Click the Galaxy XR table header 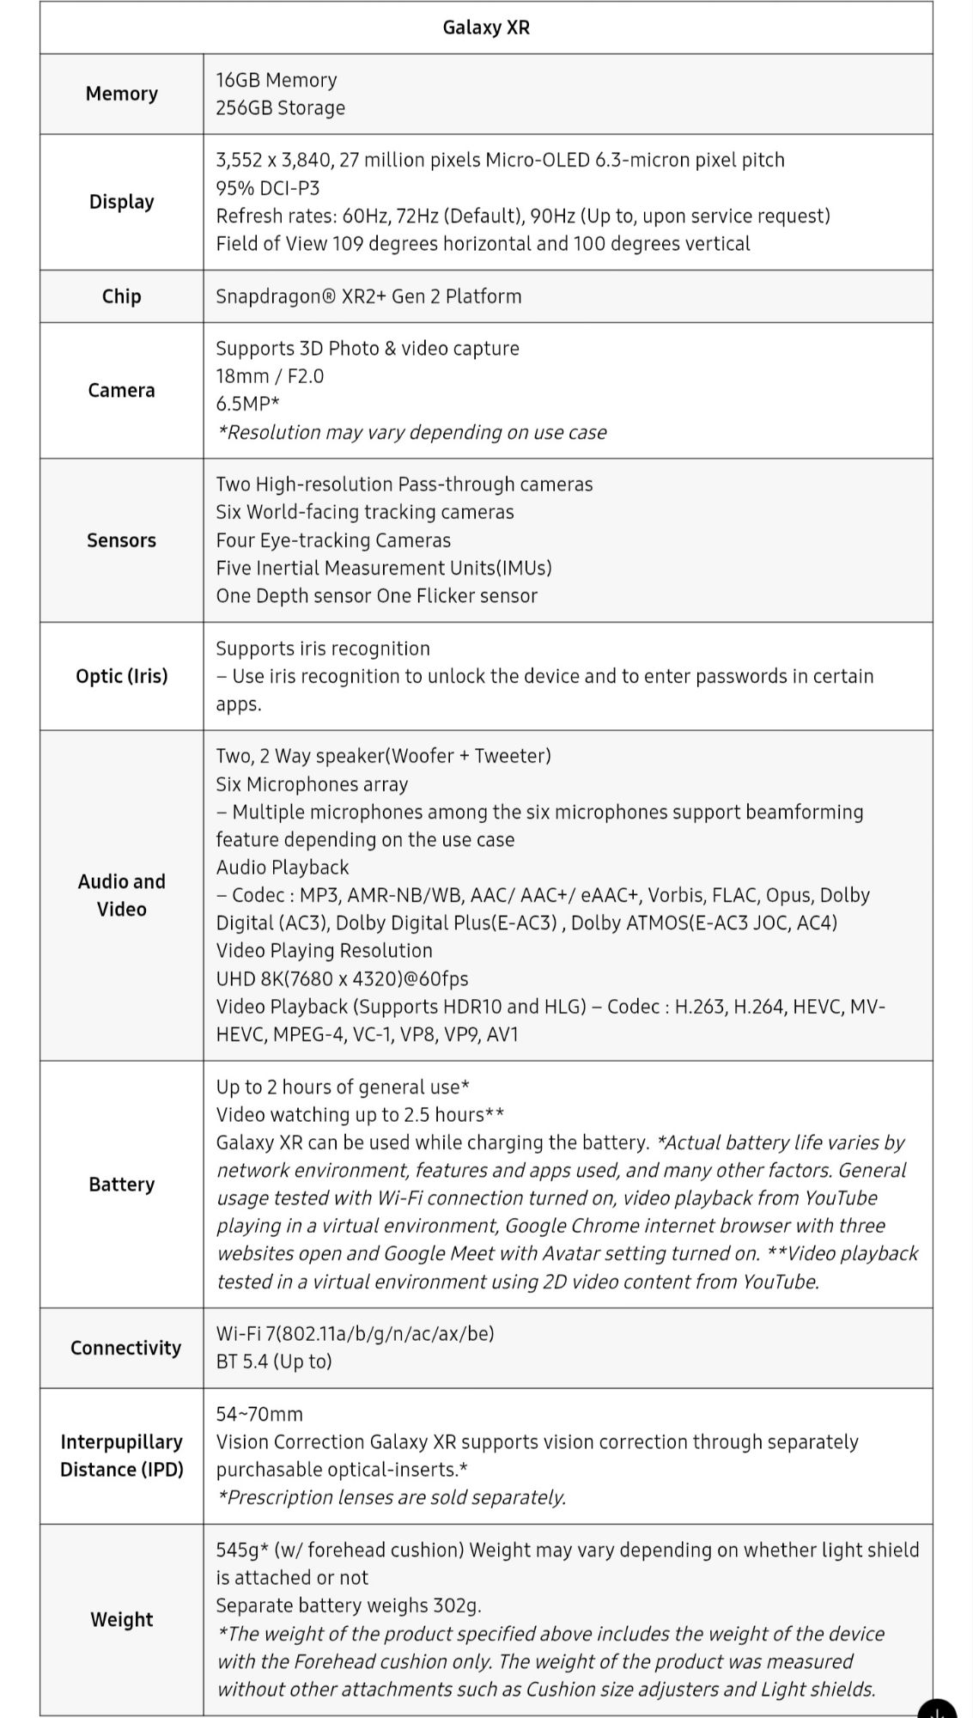[486, 27]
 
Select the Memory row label [121, 94]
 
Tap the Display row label [121, 202]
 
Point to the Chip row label [121, 296]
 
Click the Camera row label [121, 390]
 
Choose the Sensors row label [121, 540]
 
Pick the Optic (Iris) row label [121, 676]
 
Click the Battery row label [121, 1185]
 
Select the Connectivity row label [125, 1348]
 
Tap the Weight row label [121, 1619]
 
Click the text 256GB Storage [280, 108]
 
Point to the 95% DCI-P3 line [267, 188]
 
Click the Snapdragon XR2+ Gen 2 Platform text [368, 296]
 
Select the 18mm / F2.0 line [270, 376]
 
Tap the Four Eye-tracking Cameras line [333, 540]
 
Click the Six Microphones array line [312, 784]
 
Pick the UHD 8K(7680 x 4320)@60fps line [342, 978]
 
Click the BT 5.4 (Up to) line [273, 1362]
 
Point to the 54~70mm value [259, 1414]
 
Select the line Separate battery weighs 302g [349, 1605]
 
